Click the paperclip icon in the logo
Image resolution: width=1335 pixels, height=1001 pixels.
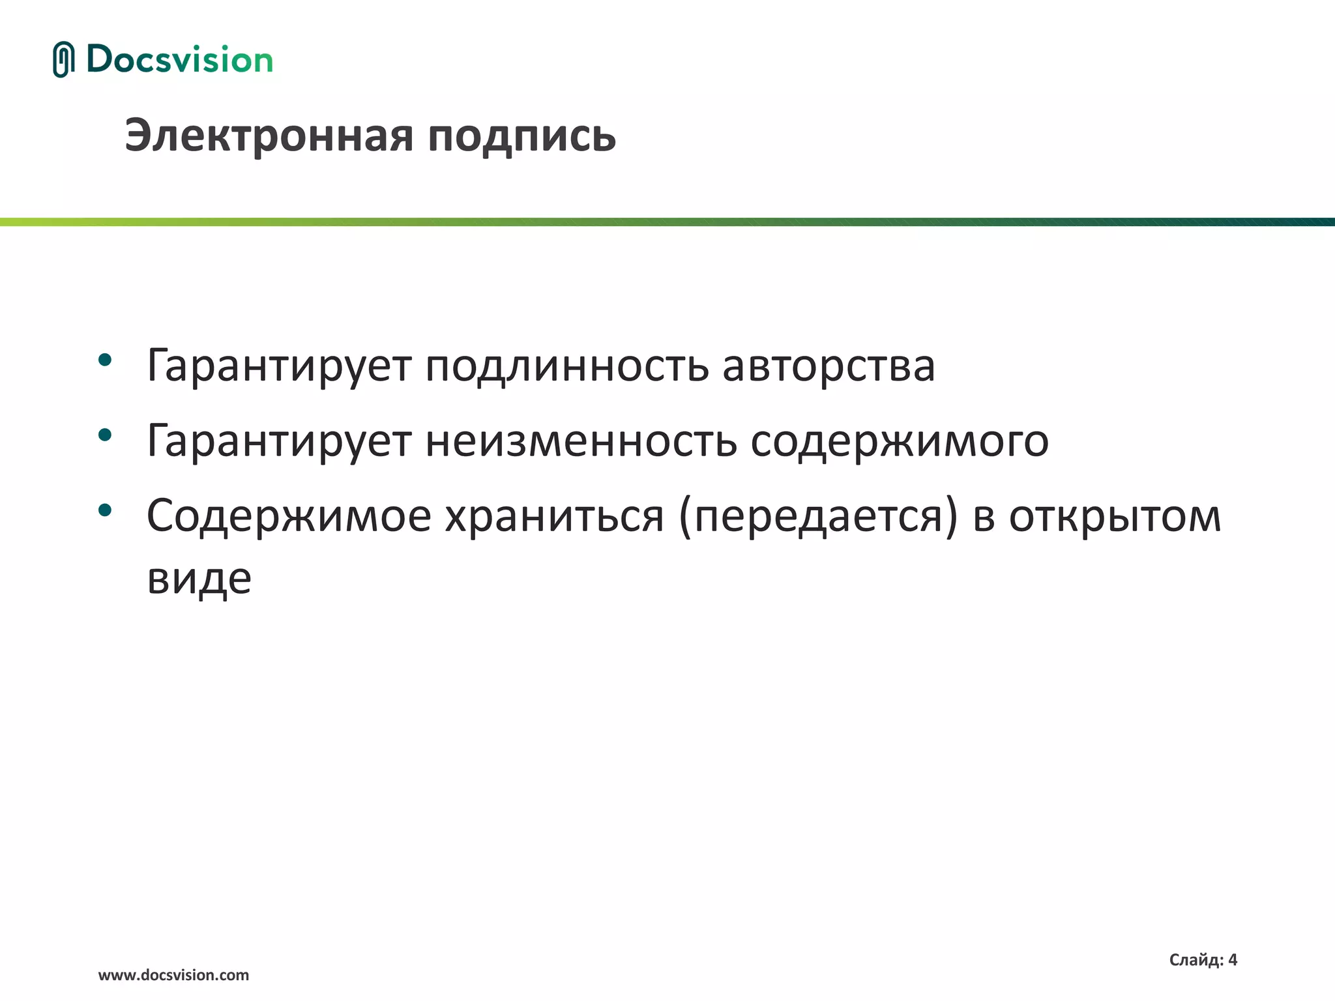coord(63,59)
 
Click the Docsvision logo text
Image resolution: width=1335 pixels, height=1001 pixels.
coord(179,59)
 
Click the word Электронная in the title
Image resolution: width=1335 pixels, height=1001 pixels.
coord(269,136)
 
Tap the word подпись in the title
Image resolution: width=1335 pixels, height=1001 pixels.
coord(521,138)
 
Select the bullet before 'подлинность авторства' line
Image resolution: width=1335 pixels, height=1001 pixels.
coord(105,360)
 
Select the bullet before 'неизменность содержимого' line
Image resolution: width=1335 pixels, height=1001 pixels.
coord(105,435)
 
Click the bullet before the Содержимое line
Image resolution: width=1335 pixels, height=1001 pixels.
coord(105,510)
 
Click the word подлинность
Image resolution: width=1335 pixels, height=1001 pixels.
coord(566,366)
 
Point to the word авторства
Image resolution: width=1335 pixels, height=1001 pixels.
coord(829,366)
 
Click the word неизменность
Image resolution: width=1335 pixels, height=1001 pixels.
coord(581,441)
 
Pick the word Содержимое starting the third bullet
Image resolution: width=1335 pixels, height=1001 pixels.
coord(289,516)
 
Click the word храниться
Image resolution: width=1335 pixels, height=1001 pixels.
coord(554,516)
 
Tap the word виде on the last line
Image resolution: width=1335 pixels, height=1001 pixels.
coord(199,579)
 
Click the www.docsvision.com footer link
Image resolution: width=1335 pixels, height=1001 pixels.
coord(173,975)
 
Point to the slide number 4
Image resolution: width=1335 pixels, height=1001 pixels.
coord(1232,959)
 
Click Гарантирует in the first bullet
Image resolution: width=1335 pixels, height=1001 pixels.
coord(279,366)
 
